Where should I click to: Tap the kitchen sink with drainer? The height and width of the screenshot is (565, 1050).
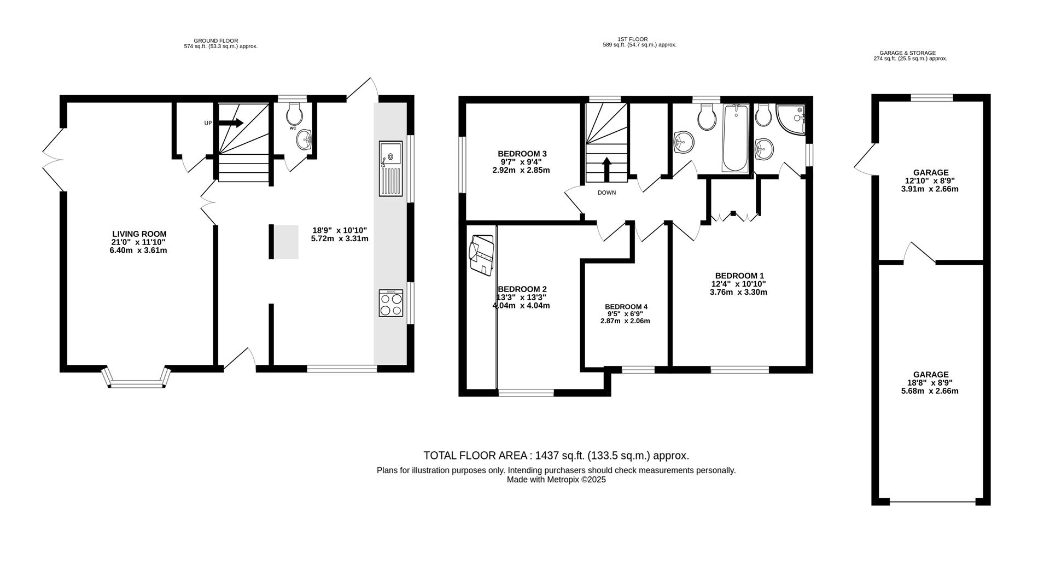(390, 168)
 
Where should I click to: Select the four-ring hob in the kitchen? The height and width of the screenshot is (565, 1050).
(390, 304)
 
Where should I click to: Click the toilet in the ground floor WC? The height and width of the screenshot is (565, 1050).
(295, 113)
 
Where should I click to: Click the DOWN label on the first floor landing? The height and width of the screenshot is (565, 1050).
(606, 193)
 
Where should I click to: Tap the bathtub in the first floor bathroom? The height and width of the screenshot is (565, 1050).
(736, 138)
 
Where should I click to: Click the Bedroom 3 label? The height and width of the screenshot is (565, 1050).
(522, 154)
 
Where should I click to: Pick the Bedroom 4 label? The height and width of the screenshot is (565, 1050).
(626, 307)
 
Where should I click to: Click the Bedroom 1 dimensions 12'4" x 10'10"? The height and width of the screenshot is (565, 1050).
(738, 284)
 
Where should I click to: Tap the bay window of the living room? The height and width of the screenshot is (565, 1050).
(136, 378)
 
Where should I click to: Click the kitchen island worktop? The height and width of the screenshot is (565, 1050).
(286, 242)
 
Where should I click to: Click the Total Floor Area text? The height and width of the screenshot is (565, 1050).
(556, 456)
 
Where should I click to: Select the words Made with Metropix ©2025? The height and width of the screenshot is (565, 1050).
(556, 480)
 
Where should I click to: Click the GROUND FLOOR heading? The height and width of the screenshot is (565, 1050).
(216, 40)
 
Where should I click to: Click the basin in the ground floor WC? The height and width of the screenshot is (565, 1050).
(304, 141)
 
